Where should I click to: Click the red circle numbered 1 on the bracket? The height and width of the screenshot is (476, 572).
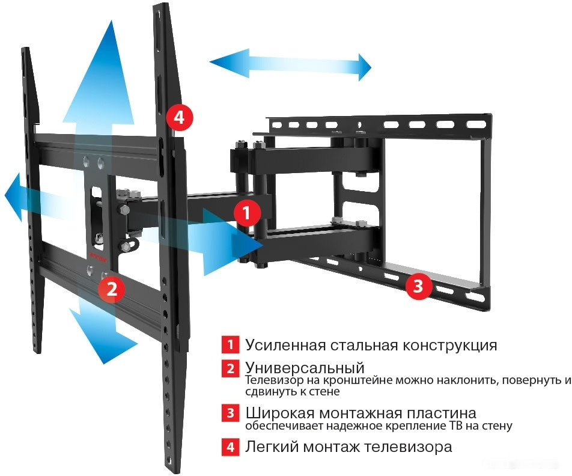click(x=247, y=212)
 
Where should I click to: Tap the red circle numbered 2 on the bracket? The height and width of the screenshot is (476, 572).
click(x=111, y=288)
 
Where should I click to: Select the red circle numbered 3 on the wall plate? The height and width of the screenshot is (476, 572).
click(x=418, y=286)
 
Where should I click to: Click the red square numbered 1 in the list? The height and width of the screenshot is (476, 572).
click(x=230, y=345)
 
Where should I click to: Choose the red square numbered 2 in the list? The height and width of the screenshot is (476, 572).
click(x=230, y=368)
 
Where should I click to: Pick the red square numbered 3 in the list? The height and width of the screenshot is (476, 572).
click(x=230, y=414)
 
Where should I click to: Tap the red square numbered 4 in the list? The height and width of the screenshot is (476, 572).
click(x=230, y=448)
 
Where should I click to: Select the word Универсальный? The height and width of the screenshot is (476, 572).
click(x=305, y=367)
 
